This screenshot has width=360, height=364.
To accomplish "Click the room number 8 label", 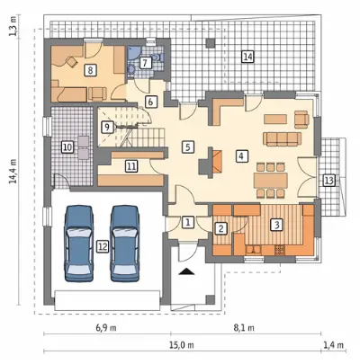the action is tap(90, 70).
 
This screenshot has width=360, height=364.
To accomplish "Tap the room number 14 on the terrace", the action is tap(247, 57).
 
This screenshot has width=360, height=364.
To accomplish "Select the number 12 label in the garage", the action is tap(103, 246).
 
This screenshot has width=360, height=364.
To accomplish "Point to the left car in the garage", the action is tap(78, 244).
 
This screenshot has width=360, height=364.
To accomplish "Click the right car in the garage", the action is tap(125, 244).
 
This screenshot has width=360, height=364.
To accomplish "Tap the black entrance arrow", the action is tap(186, 271).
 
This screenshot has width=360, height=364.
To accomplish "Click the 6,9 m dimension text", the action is tap(106, 328).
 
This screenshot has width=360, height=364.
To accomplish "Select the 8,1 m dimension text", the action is tap(244, 328).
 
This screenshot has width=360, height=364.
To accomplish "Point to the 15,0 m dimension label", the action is tap(183, 345).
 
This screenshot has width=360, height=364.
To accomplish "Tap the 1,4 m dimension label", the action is tap(333, 345).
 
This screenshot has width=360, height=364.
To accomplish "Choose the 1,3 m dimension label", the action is tap(13, 27).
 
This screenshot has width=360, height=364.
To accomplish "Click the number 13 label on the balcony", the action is tap(328, 181).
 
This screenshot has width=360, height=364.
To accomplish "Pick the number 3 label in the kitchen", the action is tap(276, 224).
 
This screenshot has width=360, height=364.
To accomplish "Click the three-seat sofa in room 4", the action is tap(282, 138).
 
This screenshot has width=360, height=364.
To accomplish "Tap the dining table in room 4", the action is tap(271, 181).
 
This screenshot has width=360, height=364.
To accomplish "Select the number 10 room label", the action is tap(67, 147).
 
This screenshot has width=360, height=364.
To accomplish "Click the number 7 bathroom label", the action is tap(145, 63).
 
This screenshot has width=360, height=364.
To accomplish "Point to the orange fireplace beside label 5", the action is tap(218, 160).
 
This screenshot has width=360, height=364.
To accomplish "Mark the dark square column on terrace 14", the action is tap(211, 43).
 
